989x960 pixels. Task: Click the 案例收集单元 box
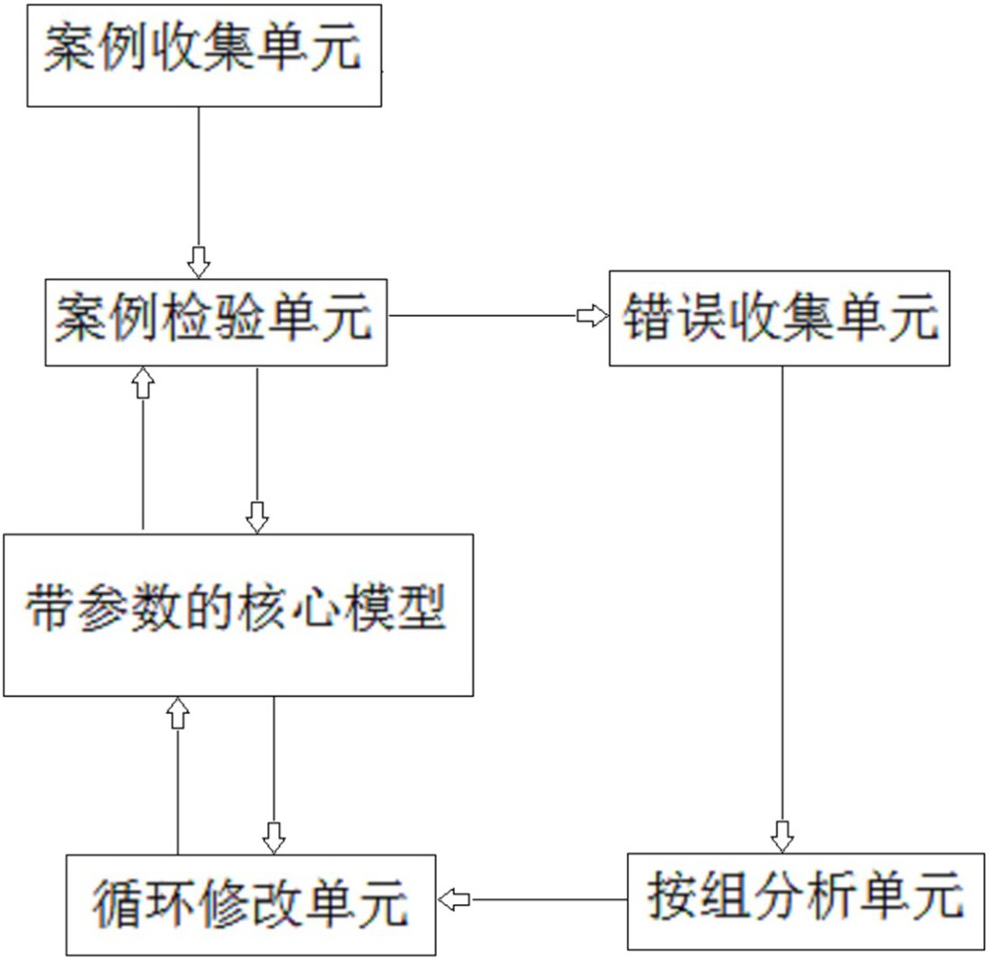tap(204, 55)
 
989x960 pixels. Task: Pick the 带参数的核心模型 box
tap(237, 614)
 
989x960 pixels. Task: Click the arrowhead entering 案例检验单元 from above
tap(199, 262)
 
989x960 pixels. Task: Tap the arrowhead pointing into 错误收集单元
tap(592, 316)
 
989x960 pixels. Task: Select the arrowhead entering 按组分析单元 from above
tap(783, 836)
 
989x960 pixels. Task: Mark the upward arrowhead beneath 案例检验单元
tap(144, 381)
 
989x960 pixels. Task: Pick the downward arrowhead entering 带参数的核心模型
tap(257, 516)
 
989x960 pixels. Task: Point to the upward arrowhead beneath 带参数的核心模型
tap(177, 712)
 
